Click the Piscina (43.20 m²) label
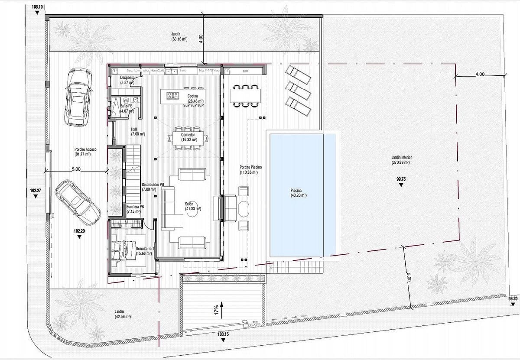[298, 192]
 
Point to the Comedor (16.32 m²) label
[188, 137]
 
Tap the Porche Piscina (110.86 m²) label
[250, 169]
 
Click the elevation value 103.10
[38, 7]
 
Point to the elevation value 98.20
[513, 298]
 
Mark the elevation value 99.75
[400, 178]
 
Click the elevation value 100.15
[223, 334]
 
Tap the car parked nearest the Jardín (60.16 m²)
[78, 98]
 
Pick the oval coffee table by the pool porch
[244, 208]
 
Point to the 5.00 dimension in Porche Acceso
[76, 169]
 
